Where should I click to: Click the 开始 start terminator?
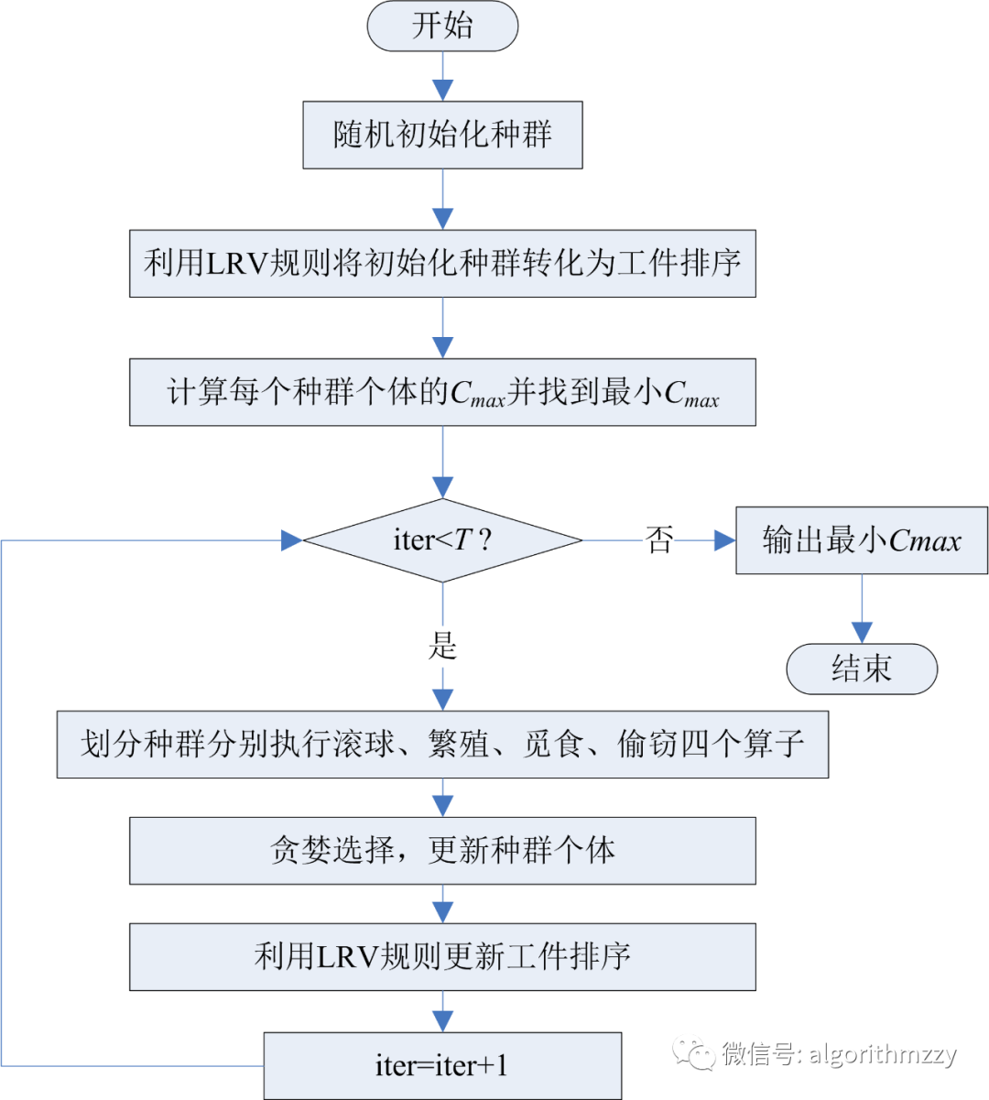(442, 26)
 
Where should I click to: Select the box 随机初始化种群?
(442, 135)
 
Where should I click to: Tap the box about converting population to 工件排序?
(442, 264)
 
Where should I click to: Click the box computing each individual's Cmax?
(442, 392)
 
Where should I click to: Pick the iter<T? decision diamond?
(442, 540)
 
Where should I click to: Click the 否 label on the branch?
(659, 540)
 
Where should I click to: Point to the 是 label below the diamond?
(442, 646)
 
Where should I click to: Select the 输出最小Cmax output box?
(861, 540)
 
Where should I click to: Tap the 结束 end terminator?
(861, 669)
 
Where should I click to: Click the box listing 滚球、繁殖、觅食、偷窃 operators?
(442, 744)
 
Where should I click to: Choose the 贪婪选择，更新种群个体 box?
(442, 851)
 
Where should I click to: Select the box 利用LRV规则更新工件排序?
(442, 957)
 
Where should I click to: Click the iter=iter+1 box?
(442, 1065)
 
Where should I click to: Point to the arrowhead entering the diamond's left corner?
(292, 540)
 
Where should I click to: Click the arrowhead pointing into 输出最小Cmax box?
(724, 540)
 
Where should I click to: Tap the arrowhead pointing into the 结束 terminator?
(862, 632)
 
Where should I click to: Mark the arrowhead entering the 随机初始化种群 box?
(442, 90)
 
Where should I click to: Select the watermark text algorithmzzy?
(883, 1054)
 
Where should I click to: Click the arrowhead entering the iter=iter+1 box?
(442, 1021)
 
